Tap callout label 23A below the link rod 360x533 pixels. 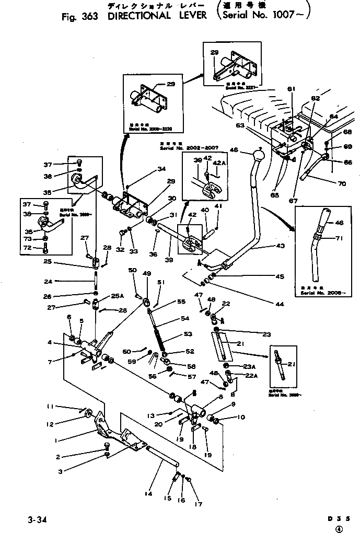249,366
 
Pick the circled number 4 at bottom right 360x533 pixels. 340,529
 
